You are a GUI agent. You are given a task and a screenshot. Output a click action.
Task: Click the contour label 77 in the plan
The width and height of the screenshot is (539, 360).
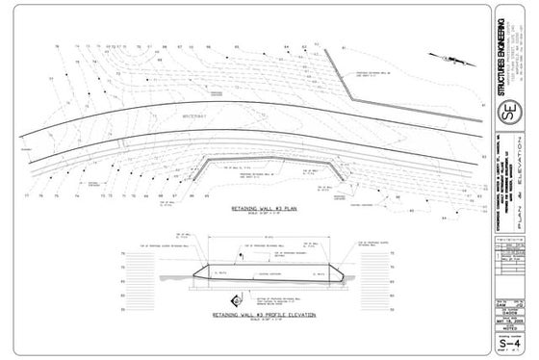tap(28, 195)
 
